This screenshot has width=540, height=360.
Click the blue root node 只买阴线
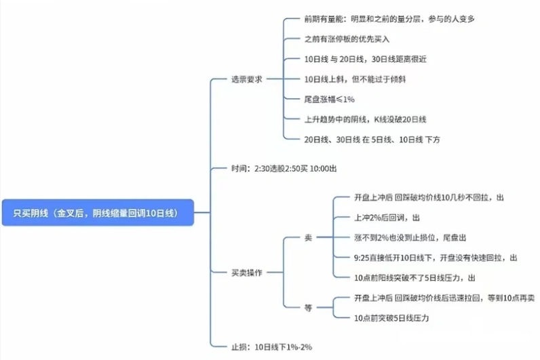point(98,212)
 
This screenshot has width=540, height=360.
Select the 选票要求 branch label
point(247,79)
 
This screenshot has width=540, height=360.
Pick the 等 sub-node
point(308,307)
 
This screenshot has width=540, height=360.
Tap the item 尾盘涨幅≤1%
point(330,99)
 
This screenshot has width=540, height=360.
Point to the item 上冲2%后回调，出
point(387,218)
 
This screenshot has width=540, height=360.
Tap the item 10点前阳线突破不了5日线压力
point(414,277)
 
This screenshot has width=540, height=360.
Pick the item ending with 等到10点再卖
point(444,298)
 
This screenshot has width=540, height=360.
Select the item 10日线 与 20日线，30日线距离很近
point(375,59)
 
